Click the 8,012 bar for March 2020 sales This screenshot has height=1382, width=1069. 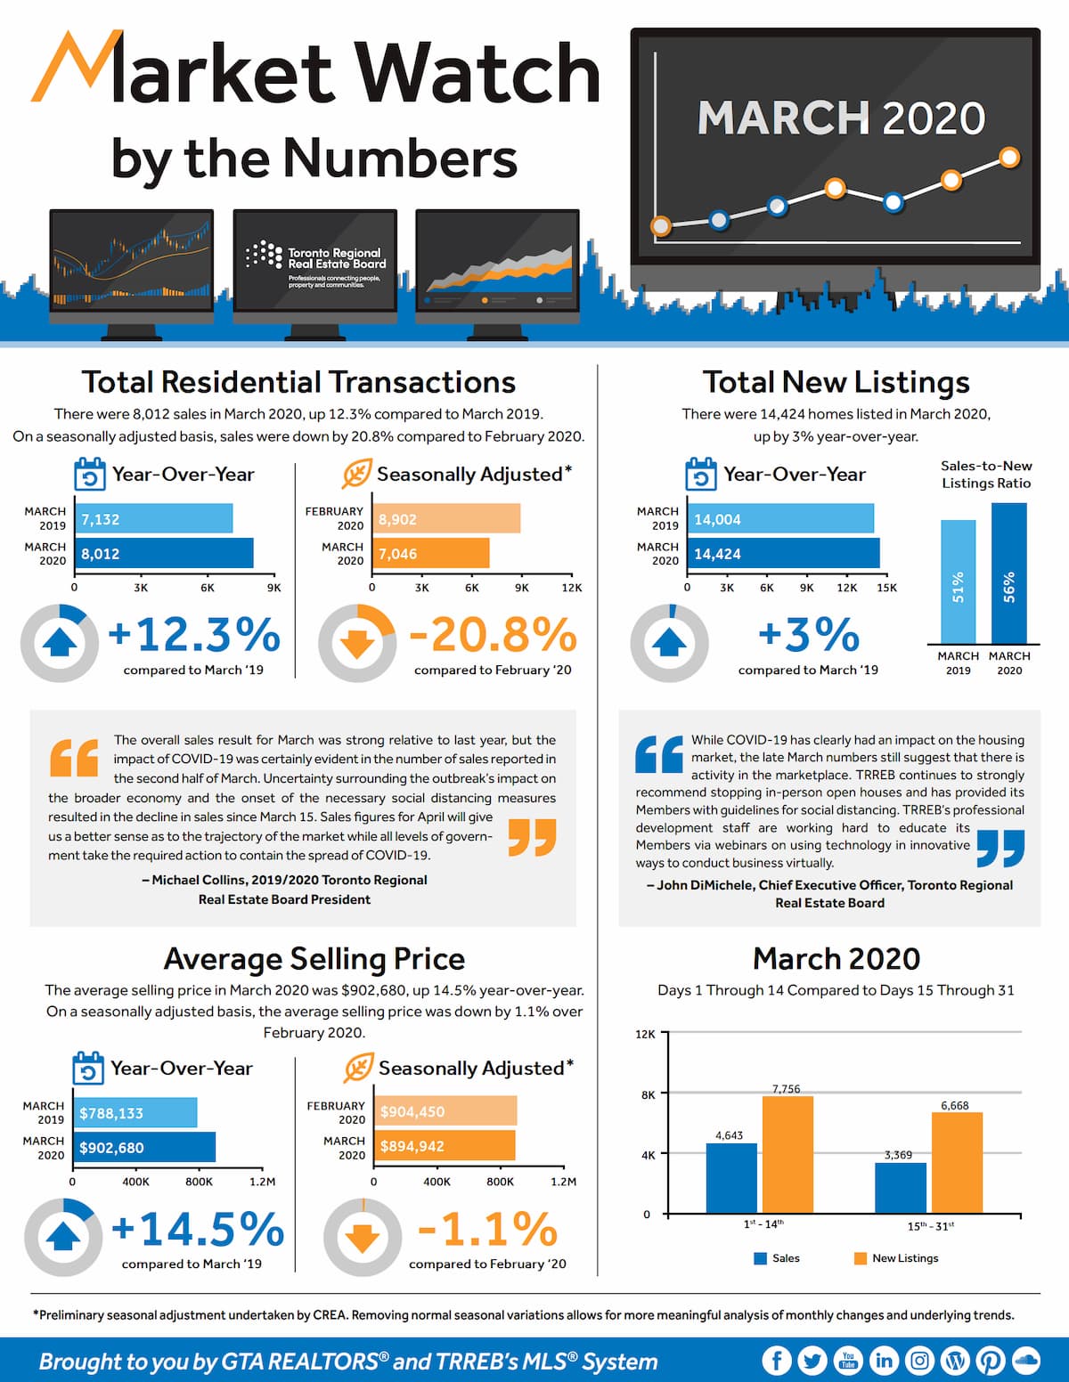click(x=164, y=553)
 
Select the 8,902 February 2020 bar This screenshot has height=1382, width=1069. click(x=446, y=518)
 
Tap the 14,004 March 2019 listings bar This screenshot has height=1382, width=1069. click(x=780, y=518)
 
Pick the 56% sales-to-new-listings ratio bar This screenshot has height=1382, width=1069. click(x=1009, y=573)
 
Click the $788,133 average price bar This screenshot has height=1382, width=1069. click(x=135, y=1112)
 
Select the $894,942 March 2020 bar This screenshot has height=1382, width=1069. click(x=445, y=1145)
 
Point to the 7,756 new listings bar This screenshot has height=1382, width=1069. click(x=787, y=1154)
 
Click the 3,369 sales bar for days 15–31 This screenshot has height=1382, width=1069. click(x=901, y=1187)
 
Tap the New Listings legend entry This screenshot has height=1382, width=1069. click(x=896, y=1258)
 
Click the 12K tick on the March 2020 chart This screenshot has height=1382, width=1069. click(x=645, y=1034)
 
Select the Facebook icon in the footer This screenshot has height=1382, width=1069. click(x=777, y=1361)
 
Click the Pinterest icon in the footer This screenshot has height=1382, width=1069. click(x=990, y=1361)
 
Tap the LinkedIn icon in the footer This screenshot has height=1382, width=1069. click(x=884, y=1361)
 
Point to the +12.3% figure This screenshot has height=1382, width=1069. click(x=194, y=634)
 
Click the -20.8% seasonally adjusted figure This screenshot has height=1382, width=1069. click(x=493, y=634)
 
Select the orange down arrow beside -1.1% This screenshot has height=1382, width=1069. click(x=363, y=1239)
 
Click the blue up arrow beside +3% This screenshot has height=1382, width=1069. click(x=669, y=643)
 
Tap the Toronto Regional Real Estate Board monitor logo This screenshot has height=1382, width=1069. click(x=315, y=259)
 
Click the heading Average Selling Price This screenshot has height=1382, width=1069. click(x=314, y=958)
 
